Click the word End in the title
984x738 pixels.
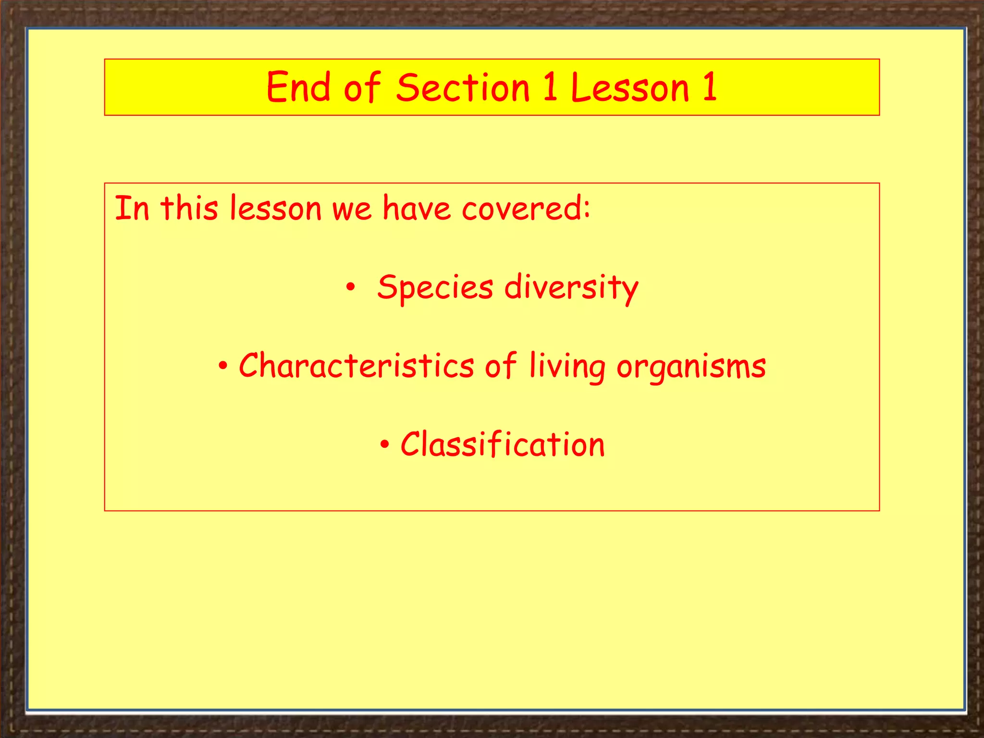[298, 87]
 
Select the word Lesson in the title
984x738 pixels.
[630, 87]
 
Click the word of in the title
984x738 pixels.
[362, 87]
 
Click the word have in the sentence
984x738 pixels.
[417, 209]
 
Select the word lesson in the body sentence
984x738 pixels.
[275, 209]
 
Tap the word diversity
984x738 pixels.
[571, 287]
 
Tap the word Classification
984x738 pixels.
[503, 444]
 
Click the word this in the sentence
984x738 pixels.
[189, 209]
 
